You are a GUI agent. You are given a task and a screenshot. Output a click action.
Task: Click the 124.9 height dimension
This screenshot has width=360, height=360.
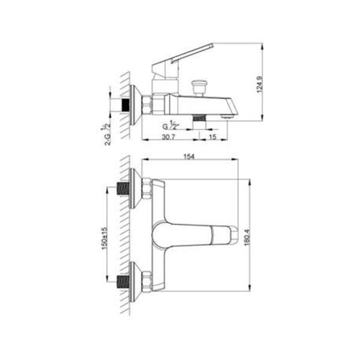click(x=259, y=84)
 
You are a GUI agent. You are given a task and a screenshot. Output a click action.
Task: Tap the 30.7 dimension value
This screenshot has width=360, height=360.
click(x=169, y=137)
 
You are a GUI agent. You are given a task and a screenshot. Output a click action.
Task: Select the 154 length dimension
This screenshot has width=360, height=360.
click(x=189, y=157)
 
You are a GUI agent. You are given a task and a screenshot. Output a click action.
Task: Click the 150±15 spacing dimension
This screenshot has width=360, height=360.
click(x=104, y=238)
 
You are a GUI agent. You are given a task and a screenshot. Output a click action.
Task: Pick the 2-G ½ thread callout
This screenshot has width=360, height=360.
click(x=106, y=134)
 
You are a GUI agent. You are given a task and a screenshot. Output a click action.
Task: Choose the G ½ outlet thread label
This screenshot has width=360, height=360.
click(x=170, y=125)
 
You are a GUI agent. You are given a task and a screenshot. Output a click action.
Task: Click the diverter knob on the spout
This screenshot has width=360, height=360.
click(x=199, y=87)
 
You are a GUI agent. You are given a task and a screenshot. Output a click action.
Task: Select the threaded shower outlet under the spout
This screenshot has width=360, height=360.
click(x=199, y=118)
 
